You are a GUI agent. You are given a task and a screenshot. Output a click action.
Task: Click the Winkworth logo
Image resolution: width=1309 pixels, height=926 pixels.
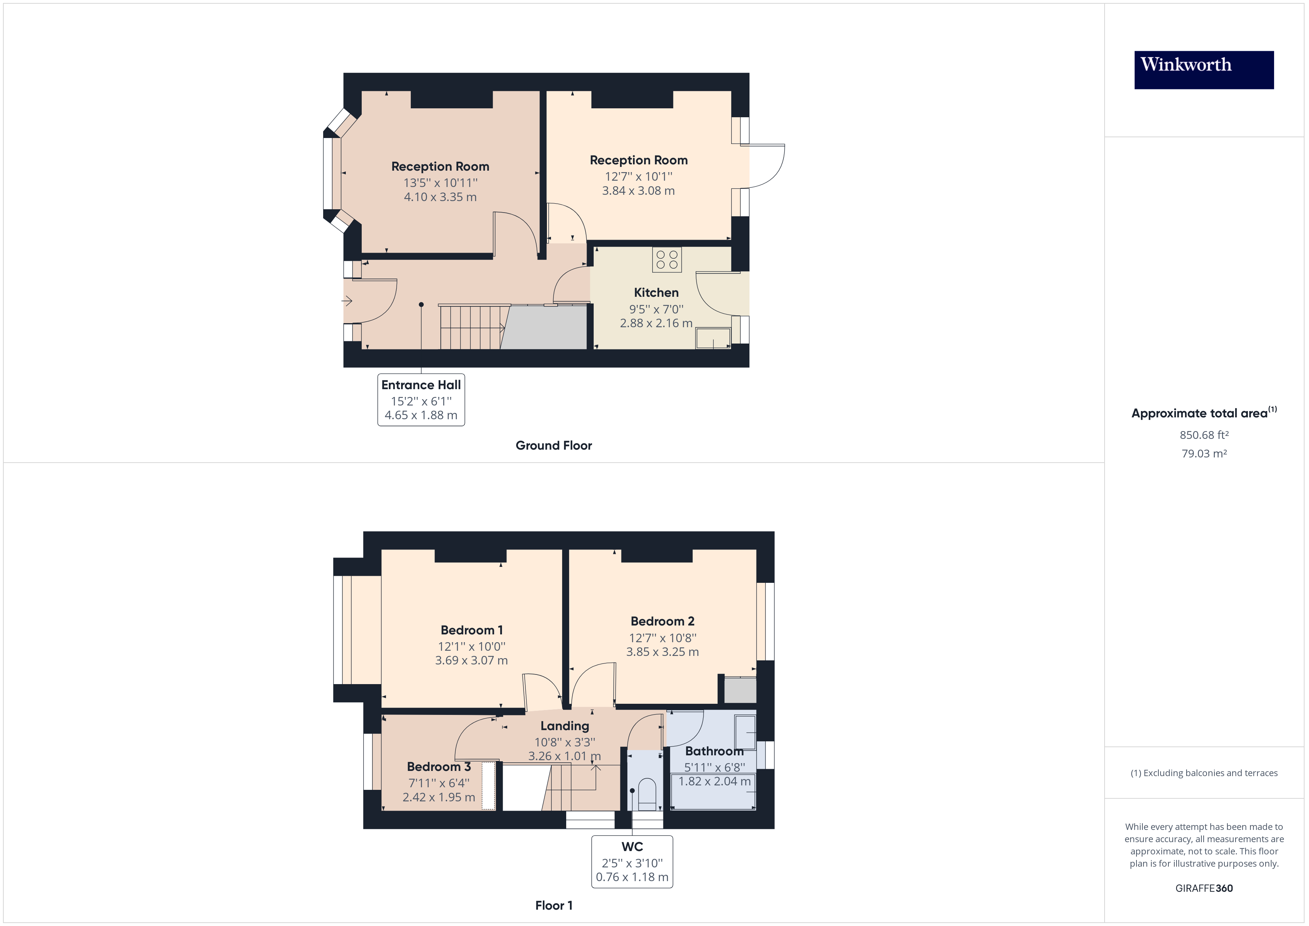click(x=1204, y=70)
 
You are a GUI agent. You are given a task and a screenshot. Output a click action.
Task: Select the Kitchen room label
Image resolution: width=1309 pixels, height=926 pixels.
click(x=656, y=292)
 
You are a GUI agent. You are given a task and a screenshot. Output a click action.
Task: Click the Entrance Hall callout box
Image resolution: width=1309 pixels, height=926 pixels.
click(x=421, y=400)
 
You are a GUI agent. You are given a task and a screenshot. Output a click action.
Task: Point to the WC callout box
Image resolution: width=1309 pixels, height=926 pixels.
click(x=632, y=861)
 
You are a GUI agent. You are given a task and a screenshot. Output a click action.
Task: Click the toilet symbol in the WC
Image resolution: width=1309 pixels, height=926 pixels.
click(x=646, y=794)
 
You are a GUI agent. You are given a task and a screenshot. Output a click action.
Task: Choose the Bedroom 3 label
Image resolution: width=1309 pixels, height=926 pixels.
click(x=439, y=766)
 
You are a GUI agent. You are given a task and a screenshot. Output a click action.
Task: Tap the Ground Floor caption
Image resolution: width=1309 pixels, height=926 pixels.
click(x=554, y=445)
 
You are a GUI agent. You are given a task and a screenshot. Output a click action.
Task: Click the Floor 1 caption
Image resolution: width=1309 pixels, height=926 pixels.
click(x=554, y=906)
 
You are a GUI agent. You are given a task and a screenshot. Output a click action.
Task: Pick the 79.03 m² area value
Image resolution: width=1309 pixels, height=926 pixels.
click(x=1204, y=453)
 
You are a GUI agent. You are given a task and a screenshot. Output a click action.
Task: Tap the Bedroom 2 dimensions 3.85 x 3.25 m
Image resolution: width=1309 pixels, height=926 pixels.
click(x=663, y=652)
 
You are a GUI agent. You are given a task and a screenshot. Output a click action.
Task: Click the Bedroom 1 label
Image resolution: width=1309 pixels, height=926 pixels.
click(x=472, y=630)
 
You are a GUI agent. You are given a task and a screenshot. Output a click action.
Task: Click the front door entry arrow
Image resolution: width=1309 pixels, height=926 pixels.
click(x=347, y=301)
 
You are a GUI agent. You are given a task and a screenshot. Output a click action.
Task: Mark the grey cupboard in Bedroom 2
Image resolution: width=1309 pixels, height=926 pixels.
click(x=740, y=690)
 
